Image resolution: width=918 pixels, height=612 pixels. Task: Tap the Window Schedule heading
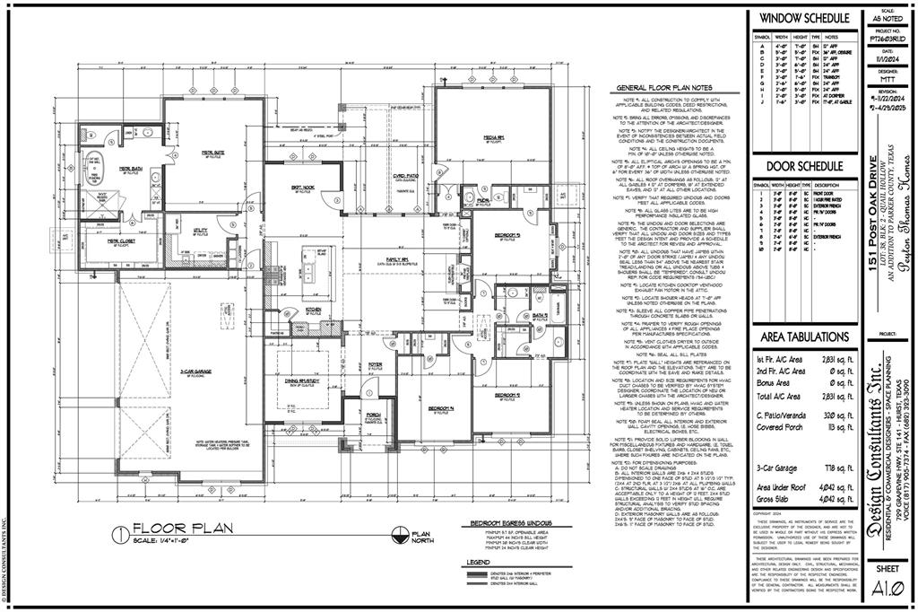(804, 18)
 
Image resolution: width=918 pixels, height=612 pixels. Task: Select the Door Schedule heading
(804, 167)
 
